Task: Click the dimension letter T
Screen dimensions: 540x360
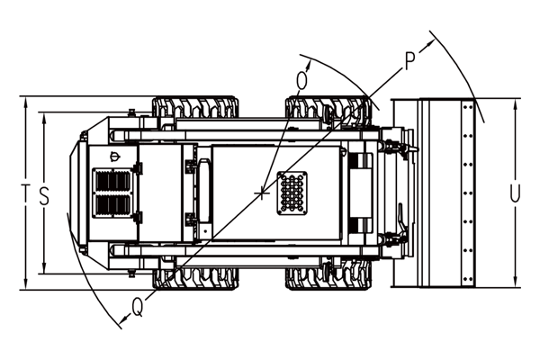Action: click(25, 193)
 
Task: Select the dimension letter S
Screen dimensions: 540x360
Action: click(44, 196)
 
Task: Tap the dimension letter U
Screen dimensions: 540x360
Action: click(515, 193)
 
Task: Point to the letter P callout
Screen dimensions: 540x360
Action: click(409, 61)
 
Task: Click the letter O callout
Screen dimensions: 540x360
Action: click(301, 81)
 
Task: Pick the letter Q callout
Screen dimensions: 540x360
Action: click(138, 307)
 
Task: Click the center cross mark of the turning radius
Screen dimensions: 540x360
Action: click(263, 193)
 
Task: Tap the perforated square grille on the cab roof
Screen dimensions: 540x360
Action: click(292, 193)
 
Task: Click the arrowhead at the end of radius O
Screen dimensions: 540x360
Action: click(310, 65)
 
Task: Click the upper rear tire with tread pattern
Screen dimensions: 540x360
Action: click(195, 107)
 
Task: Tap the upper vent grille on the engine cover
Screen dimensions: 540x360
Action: click(113, 181)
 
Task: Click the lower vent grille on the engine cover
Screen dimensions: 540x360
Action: click(113, 205)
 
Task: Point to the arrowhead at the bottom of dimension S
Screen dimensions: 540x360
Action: click(44, 267)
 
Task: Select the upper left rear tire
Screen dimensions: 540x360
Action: click(195, 107)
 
